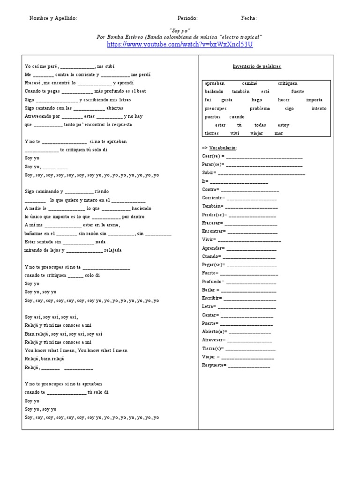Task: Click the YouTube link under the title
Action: pos(180,45)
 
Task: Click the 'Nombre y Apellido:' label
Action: pos(53,18)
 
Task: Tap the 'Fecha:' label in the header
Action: pos(249,18)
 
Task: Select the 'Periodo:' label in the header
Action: pos(187,18)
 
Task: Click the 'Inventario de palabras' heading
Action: pos(256,67)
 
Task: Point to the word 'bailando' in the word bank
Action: pos(214,91)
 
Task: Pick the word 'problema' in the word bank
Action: pos(260,108)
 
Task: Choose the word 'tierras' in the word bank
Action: pos(212,133)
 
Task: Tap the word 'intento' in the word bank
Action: pos(319,108)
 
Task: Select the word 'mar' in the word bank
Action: pos(279,133)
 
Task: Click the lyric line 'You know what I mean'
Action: pos(75,351)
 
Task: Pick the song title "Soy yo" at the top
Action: pos(180,30)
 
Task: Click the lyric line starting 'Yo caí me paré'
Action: pos(69,67)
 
